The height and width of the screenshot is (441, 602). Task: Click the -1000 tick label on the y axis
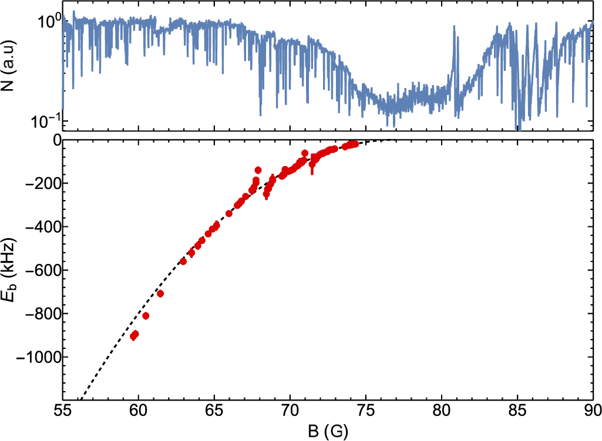click(39, 357)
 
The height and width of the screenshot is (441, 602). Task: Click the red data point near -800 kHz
click(146, 316)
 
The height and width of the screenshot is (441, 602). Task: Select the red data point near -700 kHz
click(160, 293)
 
